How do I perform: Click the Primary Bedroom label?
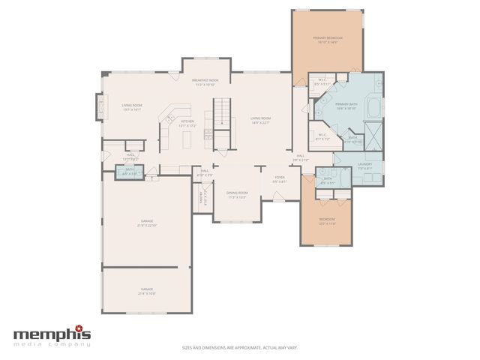click(x=328, y=37)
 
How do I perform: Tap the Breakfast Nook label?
click(x=205, y=80)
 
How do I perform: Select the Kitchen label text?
click(x=187, y=121)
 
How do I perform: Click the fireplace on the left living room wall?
click(x=97, y=106)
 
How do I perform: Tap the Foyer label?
click(x=280, y=179)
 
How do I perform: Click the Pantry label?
click(x=201, y=199)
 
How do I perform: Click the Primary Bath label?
click(x=346, y=104)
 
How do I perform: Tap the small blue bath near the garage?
click(x=129, y=172)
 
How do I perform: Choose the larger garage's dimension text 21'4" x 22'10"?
click(x=147, y=225)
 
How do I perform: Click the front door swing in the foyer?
click(x=278, y=196)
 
